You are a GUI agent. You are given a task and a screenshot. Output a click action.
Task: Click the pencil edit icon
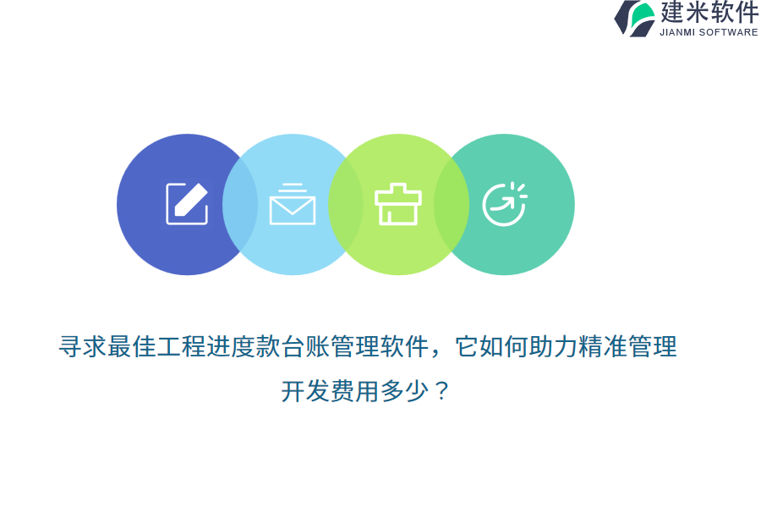coord(187,204)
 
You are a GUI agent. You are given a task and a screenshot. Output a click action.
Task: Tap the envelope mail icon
coord(293,204)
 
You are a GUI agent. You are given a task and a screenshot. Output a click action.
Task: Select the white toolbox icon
coord(398,204)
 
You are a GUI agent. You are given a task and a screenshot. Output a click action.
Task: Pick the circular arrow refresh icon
coord(505,204)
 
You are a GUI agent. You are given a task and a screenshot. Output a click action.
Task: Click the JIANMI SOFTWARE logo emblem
coord(635,19)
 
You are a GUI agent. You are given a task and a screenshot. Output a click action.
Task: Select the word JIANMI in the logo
coord(677,32)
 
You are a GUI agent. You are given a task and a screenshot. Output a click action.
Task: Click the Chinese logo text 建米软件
coord(709,12)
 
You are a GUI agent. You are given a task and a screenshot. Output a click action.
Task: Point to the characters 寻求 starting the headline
coord(83,346)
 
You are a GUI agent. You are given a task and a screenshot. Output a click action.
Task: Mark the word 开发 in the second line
coord(305,391)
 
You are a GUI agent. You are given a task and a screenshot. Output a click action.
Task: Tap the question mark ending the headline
coord(441,391)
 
